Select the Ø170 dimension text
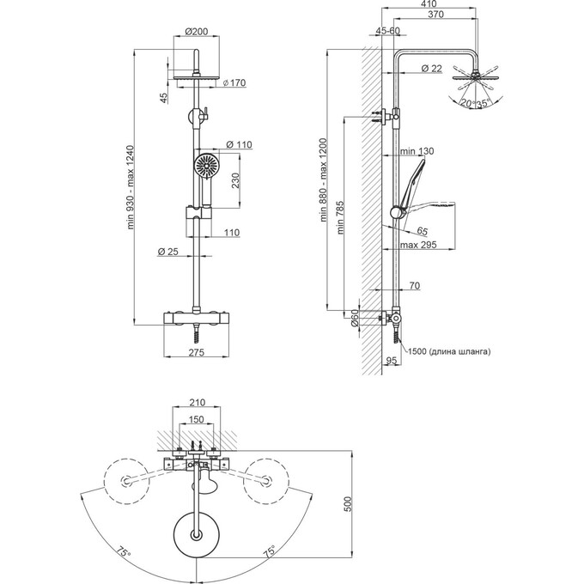[x=234, y=83]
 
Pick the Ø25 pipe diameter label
[x=168, y=252]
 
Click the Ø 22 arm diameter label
[x=432, y=68]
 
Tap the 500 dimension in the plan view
[x=348, y=505]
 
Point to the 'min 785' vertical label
[x=341, y=213]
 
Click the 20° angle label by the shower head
[x=465, y=105]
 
